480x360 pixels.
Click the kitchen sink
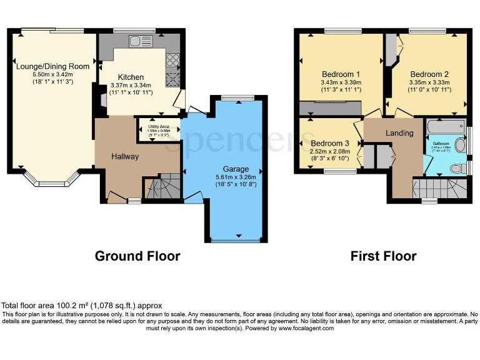pyautogui.click(x=137, y=42)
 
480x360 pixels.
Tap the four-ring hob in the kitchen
pyautogui.click(x=172, y=62)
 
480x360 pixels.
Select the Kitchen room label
pyautogui.click(x=127, y=77)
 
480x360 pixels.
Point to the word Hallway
pyautogui.click(x=125, y=156)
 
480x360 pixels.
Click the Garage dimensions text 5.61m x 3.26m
pyautogui.click(x=236, y=177)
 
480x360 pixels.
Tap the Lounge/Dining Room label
pyautogui.click(x=52, y=66)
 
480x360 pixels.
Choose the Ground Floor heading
pyautogui.click(x=137, y=256)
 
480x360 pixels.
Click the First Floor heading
pyautogui.click(x=383, y=256)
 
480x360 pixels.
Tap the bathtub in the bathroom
pyautogui.click(x=446, y=127)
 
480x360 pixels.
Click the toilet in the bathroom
pyautogui.click(x=458, y=169)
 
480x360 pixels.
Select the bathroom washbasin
pyautogui.click(x=461, y=146)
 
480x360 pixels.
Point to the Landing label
pyautogui.click(x=399, y=133)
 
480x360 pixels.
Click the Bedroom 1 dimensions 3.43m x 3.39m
pyautogui.click(x=341, y=82)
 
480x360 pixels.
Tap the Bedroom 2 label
pyautogui.click(x=429, y=73)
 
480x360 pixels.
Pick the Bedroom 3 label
pyautogui.click(x=331, y=143)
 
